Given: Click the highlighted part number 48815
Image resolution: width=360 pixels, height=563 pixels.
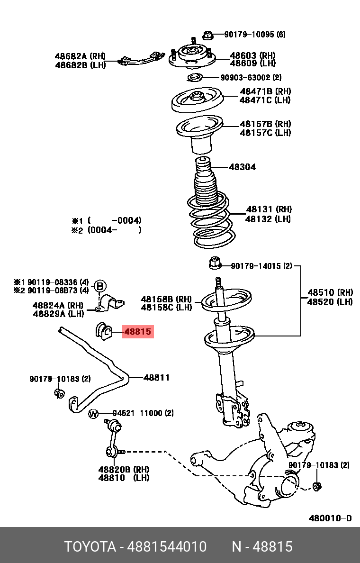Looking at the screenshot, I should [137, 332].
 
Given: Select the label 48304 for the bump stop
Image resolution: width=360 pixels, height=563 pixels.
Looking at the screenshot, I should [242, 167].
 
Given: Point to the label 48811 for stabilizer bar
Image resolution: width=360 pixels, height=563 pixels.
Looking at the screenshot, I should [156, 378].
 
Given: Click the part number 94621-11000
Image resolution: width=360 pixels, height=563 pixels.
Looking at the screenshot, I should [143, 413].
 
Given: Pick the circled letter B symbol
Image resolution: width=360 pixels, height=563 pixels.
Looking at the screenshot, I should [100, 286].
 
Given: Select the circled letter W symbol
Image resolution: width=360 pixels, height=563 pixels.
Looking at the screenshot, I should [93, 414].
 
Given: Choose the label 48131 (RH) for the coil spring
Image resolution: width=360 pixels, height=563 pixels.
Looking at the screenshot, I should [269, 209].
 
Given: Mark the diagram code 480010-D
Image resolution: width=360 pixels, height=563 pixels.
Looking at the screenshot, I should [330, 518].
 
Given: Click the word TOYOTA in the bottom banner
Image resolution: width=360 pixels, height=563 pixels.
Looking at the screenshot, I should [90, 547].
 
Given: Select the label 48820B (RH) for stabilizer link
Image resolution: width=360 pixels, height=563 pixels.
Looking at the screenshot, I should [124, 469].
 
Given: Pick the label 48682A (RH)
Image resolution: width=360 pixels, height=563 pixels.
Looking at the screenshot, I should [80, 56].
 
